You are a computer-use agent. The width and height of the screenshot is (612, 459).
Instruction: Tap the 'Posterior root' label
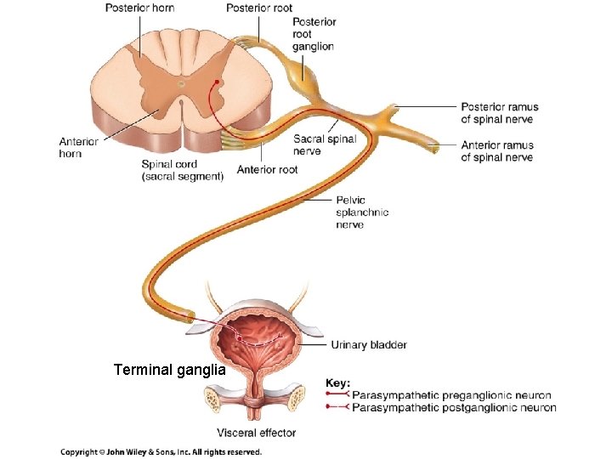click(258, 8)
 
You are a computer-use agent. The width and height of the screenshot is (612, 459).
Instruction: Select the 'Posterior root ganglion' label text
click(314, 34)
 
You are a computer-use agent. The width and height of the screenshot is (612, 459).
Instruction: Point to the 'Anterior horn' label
click(79, 147)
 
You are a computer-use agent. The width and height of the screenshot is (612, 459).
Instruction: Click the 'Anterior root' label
click(267, 169)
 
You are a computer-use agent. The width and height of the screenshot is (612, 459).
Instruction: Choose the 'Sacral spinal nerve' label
click(325, 145)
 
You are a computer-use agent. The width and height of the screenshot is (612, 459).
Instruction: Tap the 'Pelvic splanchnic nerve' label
click(362, 212)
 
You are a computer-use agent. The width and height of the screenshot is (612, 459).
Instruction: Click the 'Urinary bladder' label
click(368, 345)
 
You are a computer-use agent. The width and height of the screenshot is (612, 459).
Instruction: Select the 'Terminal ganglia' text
click(170, 371)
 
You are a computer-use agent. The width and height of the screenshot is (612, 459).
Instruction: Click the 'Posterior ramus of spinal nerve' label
click(500, 113)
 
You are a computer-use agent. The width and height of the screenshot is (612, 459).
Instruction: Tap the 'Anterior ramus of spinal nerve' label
click(497, 151)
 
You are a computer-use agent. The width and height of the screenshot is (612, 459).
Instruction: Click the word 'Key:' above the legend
click(338, 383)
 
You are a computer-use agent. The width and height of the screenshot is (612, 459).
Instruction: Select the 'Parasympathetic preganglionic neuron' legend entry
click(450, 395)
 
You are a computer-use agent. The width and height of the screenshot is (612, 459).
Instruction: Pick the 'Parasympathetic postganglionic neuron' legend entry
click(454, 408)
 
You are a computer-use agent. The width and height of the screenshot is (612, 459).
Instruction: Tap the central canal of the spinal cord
click(180, 84)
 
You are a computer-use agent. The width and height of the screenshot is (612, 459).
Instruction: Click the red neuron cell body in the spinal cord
click(218, 82)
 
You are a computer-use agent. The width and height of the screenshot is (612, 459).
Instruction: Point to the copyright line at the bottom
click(161, 452)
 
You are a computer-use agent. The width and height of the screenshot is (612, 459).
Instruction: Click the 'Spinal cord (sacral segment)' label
click(183, 170)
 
